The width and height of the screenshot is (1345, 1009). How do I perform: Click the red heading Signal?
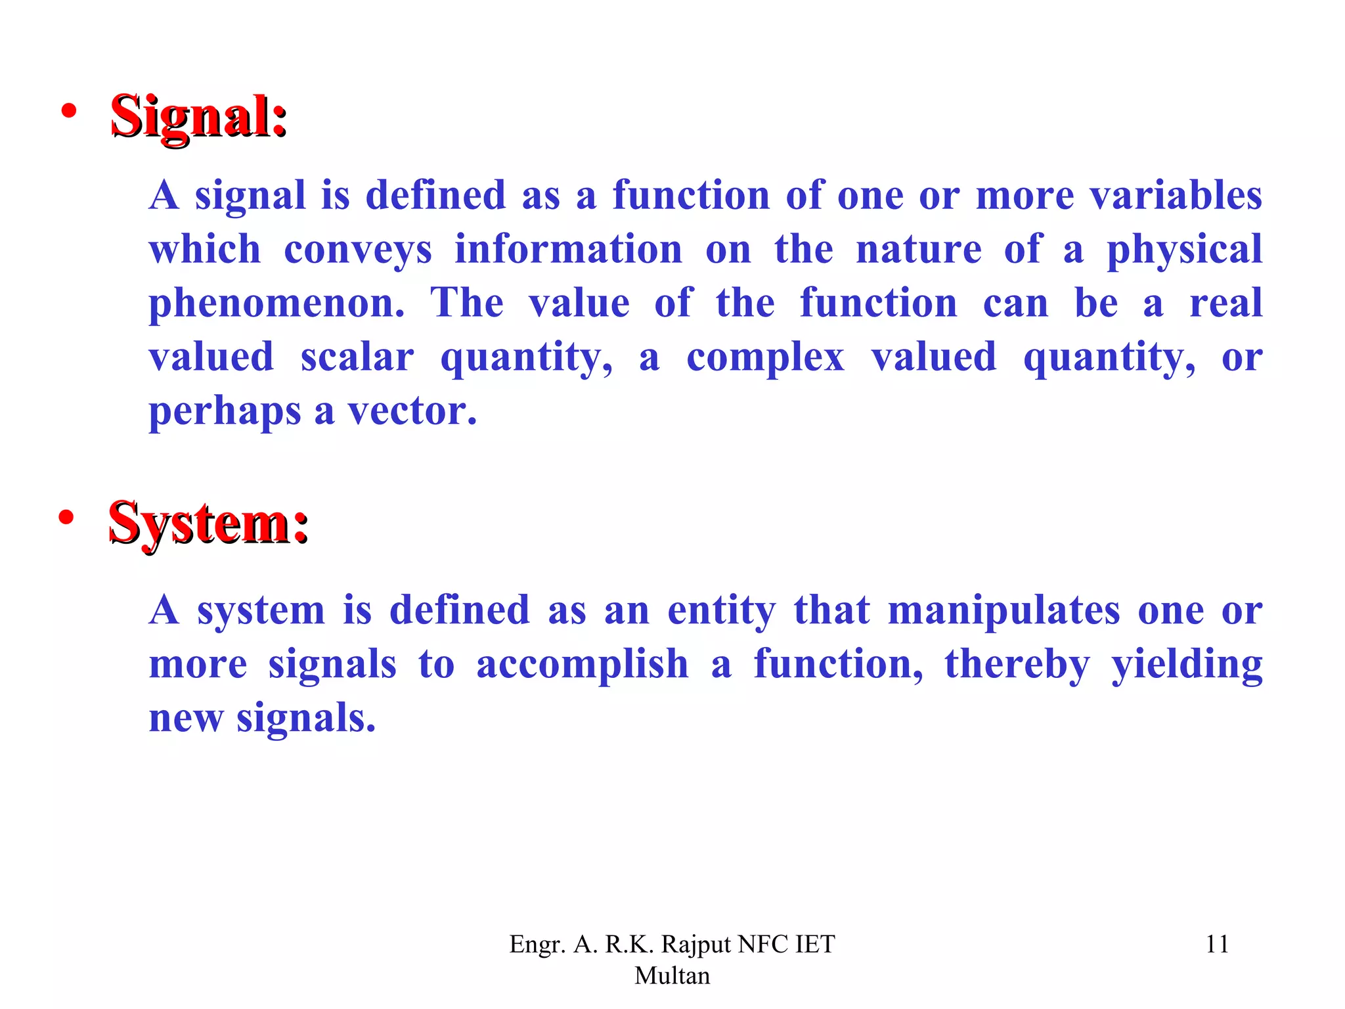coord(198,117)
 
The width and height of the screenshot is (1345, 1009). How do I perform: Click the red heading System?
coord(208,524)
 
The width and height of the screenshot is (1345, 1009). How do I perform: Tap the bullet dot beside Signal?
coord(68,112)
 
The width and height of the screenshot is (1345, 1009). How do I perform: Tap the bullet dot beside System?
coord(66,518)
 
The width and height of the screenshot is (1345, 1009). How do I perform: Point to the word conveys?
coord(358,250)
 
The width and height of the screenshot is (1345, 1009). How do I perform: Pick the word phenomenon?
coord(276,304)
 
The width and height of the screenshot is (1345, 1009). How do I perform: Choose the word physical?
coord(1184,250)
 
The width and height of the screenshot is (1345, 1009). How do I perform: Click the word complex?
coord(765,358)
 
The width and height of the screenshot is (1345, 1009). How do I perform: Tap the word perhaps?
coord(224,412)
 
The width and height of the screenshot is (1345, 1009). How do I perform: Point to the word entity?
coord(721,610)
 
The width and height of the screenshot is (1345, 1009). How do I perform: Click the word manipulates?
coord(1004,610)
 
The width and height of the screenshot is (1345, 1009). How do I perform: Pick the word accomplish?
coord(583,664)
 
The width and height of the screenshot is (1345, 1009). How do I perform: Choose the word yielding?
coord(1187,665)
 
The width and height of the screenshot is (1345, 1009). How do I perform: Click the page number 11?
coord(1217,944)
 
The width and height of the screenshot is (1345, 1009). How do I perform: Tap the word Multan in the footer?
coord(672,975)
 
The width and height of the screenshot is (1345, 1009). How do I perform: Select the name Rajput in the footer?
coord(696,945)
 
